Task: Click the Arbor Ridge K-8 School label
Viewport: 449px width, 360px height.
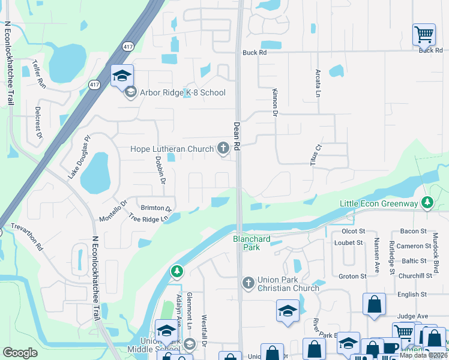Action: point(182,92)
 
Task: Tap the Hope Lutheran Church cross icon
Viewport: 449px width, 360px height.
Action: point(223,149)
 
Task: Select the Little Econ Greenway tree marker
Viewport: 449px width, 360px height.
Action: point(427,203)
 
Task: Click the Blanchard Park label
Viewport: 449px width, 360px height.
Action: point(252,243)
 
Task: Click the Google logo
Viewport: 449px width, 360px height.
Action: point(20,353)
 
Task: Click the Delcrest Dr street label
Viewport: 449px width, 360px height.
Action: point(38,123)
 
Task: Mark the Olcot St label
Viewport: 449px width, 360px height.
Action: point(353,232)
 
